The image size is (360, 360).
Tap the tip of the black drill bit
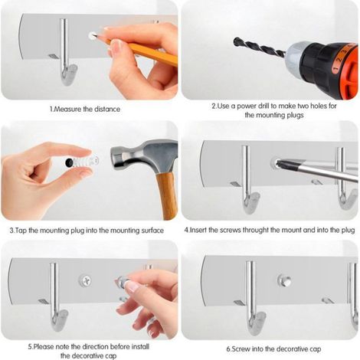point(235,41)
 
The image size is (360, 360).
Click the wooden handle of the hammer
point(167,195)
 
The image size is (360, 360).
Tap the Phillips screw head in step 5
point(85,281)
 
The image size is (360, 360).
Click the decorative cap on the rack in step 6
point(284,280)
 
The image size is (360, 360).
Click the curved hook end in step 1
point(68,74)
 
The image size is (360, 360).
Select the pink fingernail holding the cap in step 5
point(133,286)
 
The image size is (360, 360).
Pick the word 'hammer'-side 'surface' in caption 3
point(152,231)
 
